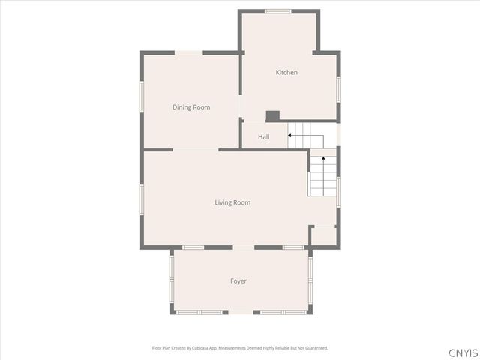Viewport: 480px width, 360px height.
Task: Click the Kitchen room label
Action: click(286, 72)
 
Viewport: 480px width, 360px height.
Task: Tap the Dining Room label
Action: click(191, 107)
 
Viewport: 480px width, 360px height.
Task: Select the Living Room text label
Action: click(232, 202)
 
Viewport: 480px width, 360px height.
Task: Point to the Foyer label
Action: click(238, 281)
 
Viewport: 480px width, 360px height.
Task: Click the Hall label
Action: click(264, 137)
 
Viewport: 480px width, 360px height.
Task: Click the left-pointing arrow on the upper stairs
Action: click(291, 136)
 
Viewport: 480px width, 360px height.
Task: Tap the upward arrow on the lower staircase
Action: click(323, 160)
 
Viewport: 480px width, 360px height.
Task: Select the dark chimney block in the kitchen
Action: click(273, 115)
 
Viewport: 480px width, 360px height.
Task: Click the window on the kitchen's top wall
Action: click(278, 10)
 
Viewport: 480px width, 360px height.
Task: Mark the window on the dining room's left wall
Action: click(141, 96)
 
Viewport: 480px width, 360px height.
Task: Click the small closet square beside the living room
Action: click(323, 235)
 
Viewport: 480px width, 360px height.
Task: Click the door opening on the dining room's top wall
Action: click(189, 52)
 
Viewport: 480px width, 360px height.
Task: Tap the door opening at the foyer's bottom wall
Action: click(240, 312)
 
